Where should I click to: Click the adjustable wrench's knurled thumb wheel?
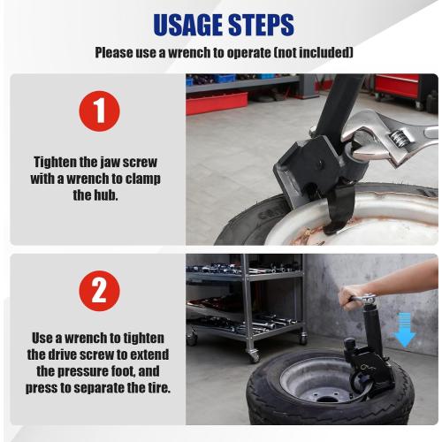point(400,137)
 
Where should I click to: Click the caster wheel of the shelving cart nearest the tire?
point(253,355)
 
